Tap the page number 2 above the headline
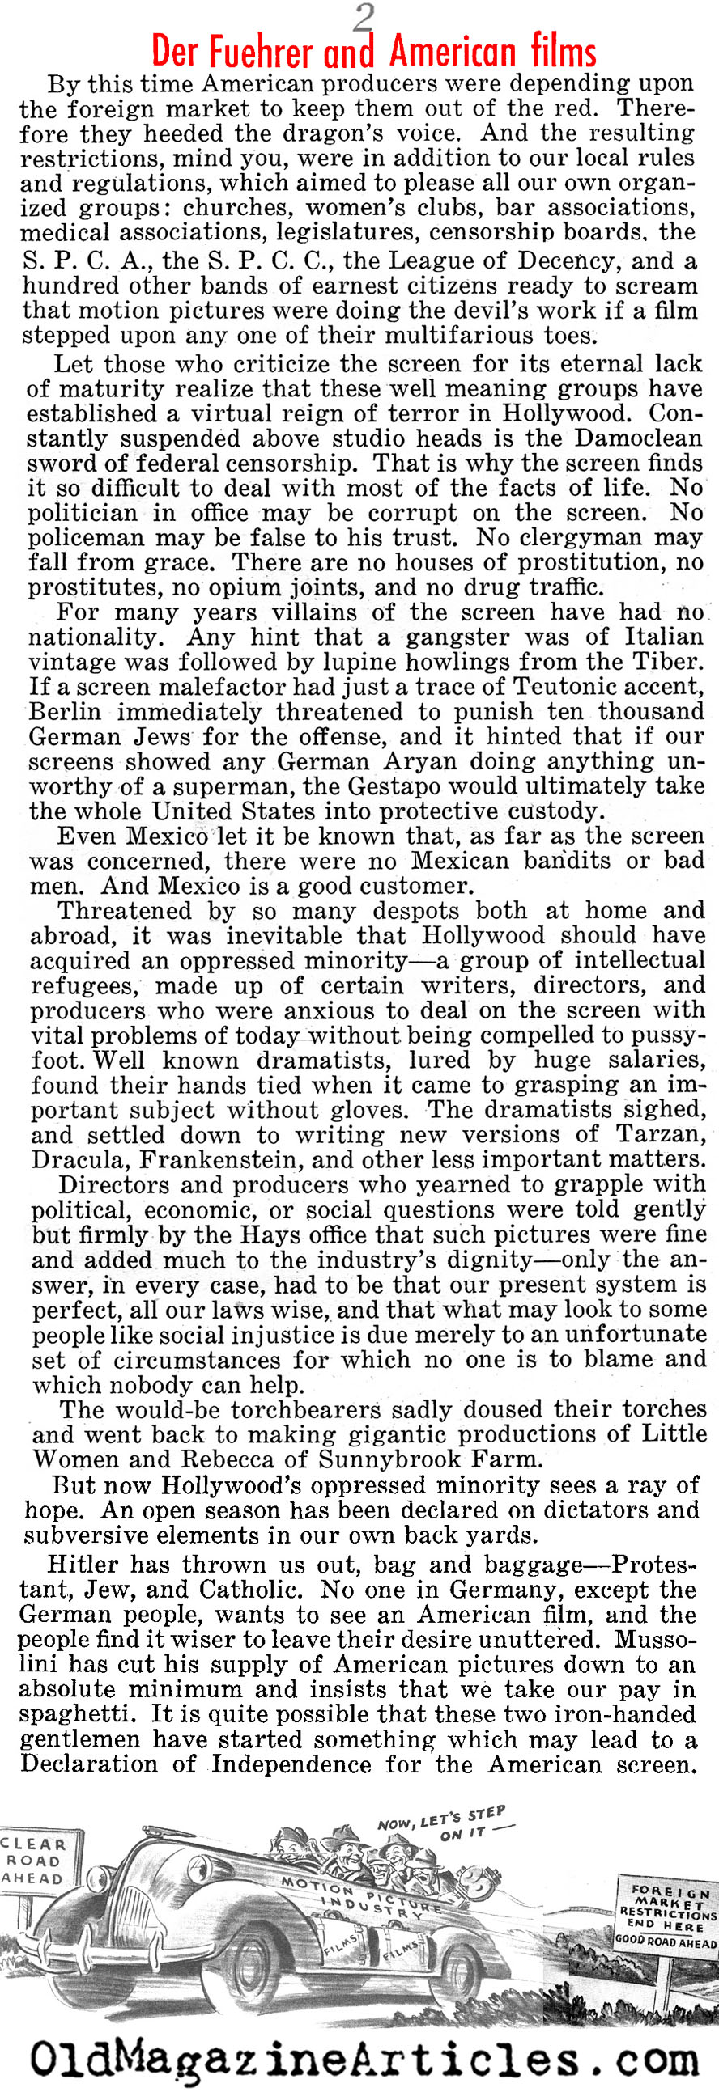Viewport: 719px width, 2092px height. tap(364, 16)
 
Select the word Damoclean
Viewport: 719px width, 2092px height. tap(644, 438)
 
